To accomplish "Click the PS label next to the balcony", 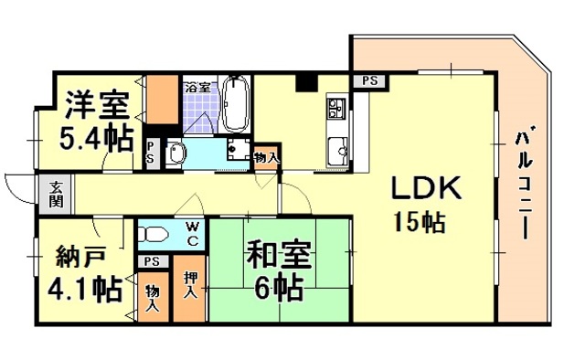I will pyautogui.click(x=369, y=79).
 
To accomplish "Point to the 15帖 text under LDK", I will pyautogui.click(x=420, y=222).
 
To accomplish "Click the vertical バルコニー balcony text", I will pyautogui.click(x=525, y=183).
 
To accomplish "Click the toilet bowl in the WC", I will pyautogui.click(x=155, y=235).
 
